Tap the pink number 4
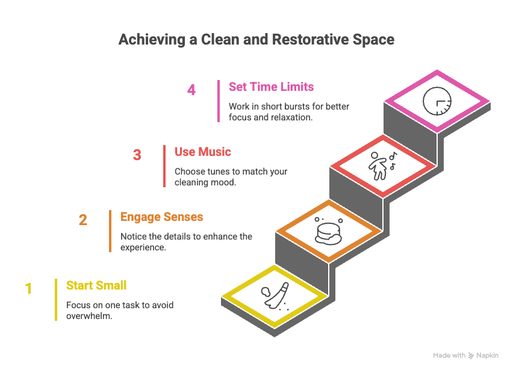pyautogui.click(x=191, y=90)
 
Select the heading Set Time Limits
pyautogui.click(x=271, y=87)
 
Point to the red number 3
pyautogui.click(x=137, y=155)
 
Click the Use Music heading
pyautogui.click(x=203, y=152)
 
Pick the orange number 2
pyautogui.click(x=83, y=220)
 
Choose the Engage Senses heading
pyautogui.click(x=161, y=217)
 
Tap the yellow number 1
pyautogui.click(x=28, y=288)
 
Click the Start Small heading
pyautogui.click(x=96, y=285)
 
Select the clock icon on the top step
pyautogui.click(x=437, y=101)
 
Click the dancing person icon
pyautogui.click(x=379, y=165)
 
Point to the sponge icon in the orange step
pyautogui.click(x=326, y=231)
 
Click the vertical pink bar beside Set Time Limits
pyautogui.click(x=219, y=101)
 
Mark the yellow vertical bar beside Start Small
pyautogui.click(x=56, y=299)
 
